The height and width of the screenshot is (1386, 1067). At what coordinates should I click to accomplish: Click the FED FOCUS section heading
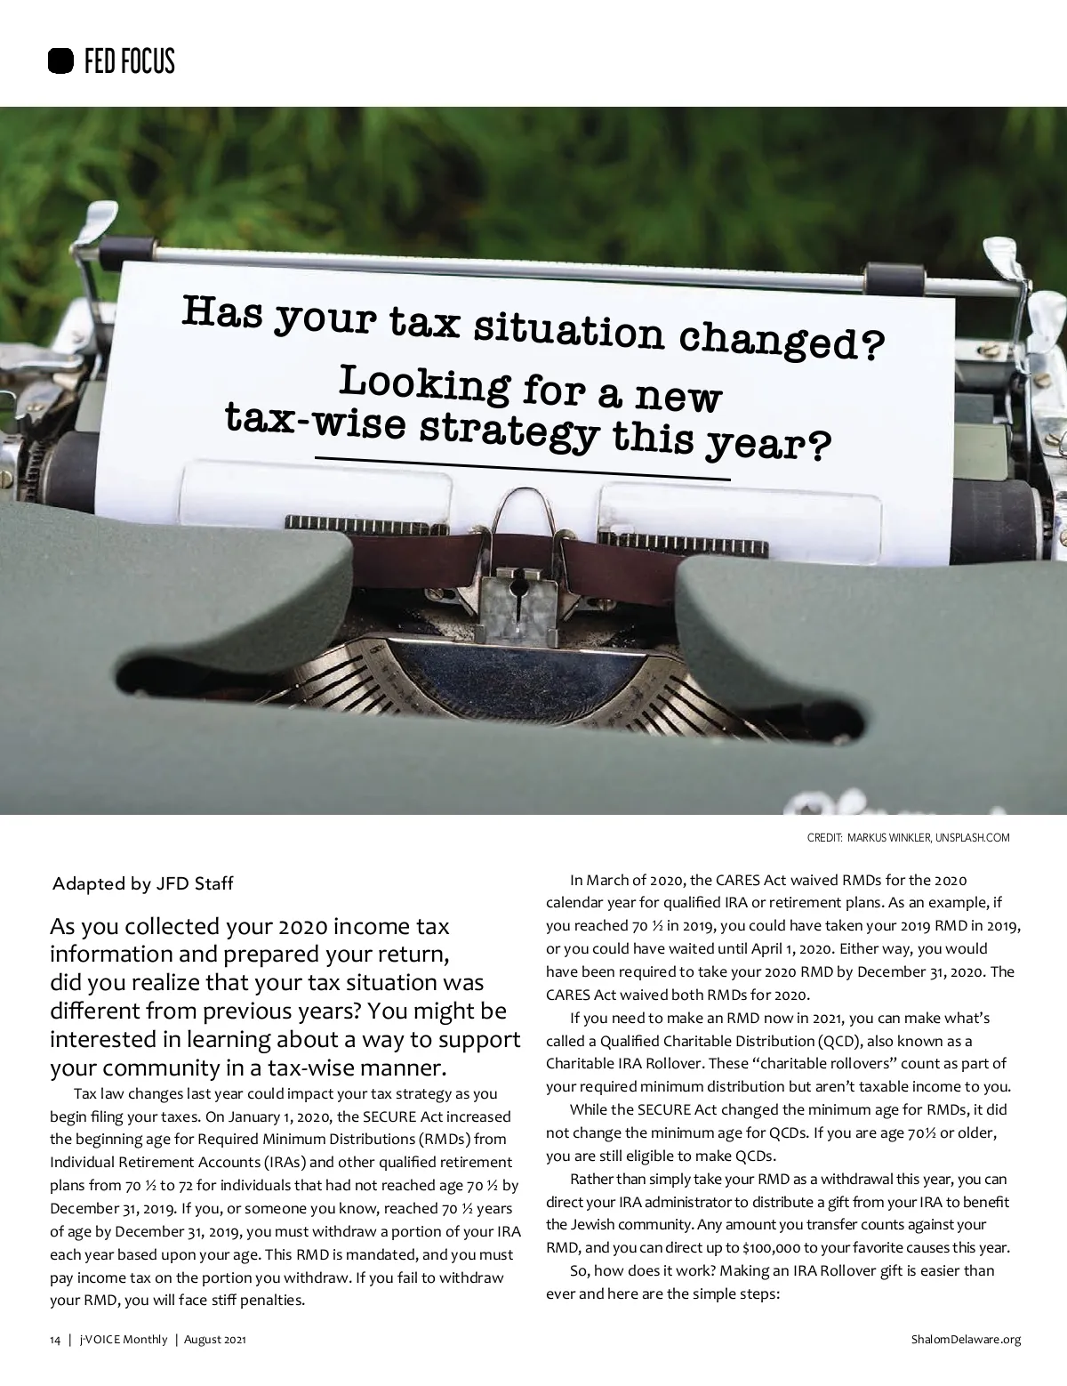coord(128,61)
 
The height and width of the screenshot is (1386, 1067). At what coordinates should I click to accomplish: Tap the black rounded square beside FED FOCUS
coord(60,61)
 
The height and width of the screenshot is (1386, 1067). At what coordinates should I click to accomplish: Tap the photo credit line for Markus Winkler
coord(908,838)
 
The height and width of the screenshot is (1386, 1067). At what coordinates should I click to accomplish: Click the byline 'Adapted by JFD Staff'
coord(143,884)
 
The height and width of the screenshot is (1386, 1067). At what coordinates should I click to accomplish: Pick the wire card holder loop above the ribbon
coord(530,512)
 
